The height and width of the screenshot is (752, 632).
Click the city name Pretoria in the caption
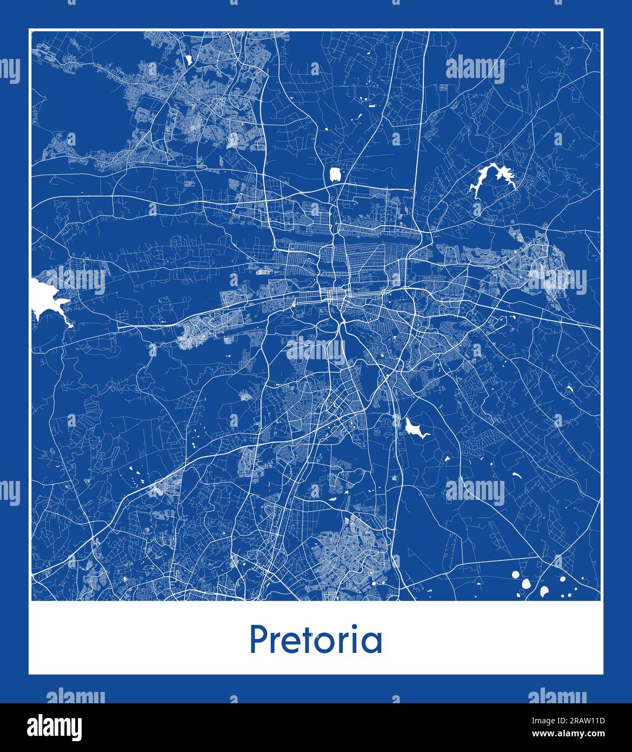[316, 639]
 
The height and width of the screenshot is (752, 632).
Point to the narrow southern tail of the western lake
[69, 322]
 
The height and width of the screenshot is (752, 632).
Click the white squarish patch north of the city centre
[336, 174]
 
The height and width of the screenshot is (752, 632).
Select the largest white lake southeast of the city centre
[413, 428]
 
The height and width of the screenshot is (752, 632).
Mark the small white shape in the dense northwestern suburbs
[189, 60]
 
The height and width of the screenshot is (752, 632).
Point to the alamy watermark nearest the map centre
[315, 351]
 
